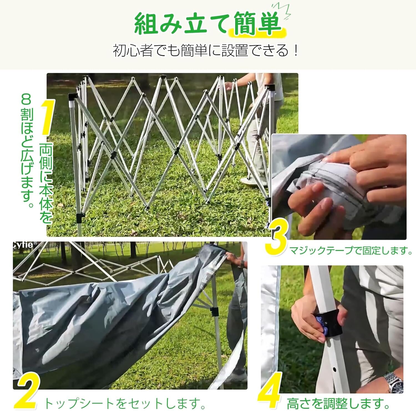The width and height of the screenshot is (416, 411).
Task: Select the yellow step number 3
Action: (x=276, y=240)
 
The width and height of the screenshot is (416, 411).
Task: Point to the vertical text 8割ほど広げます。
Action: (x=27, y=151)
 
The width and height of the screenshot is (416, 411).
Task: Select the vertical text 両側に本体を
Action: (x=46, y=183)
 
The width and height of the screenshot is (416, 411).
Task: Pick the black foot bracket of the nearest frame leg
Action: (x=80, y=217)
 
